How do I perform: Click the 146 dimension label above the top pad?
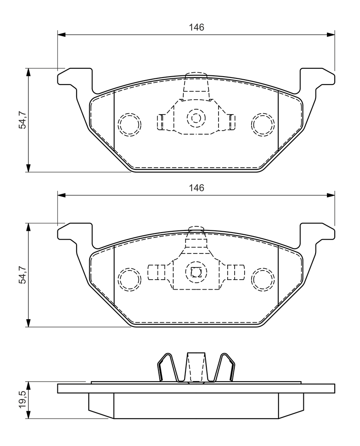(197, 27)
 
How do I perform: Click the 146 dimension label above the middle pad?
(197, 188)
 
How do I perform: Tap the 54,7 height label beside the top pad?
(23, 120)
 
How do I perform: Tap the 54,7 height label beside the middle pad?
(23, 275)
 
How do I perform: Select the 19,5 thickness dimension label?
(23, 400)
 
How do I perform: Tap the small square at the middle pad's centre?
(196, 273)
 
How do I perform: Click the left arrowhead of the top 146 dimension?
(61, 35)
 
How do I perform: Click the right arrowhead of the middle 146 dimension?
(331, 196)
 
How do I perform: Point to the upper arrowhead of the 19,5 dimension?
(28, 386)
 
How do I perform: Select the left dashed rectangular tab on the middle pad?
(156, 272)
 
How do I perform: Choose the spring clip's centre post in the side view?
(196, 367)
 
